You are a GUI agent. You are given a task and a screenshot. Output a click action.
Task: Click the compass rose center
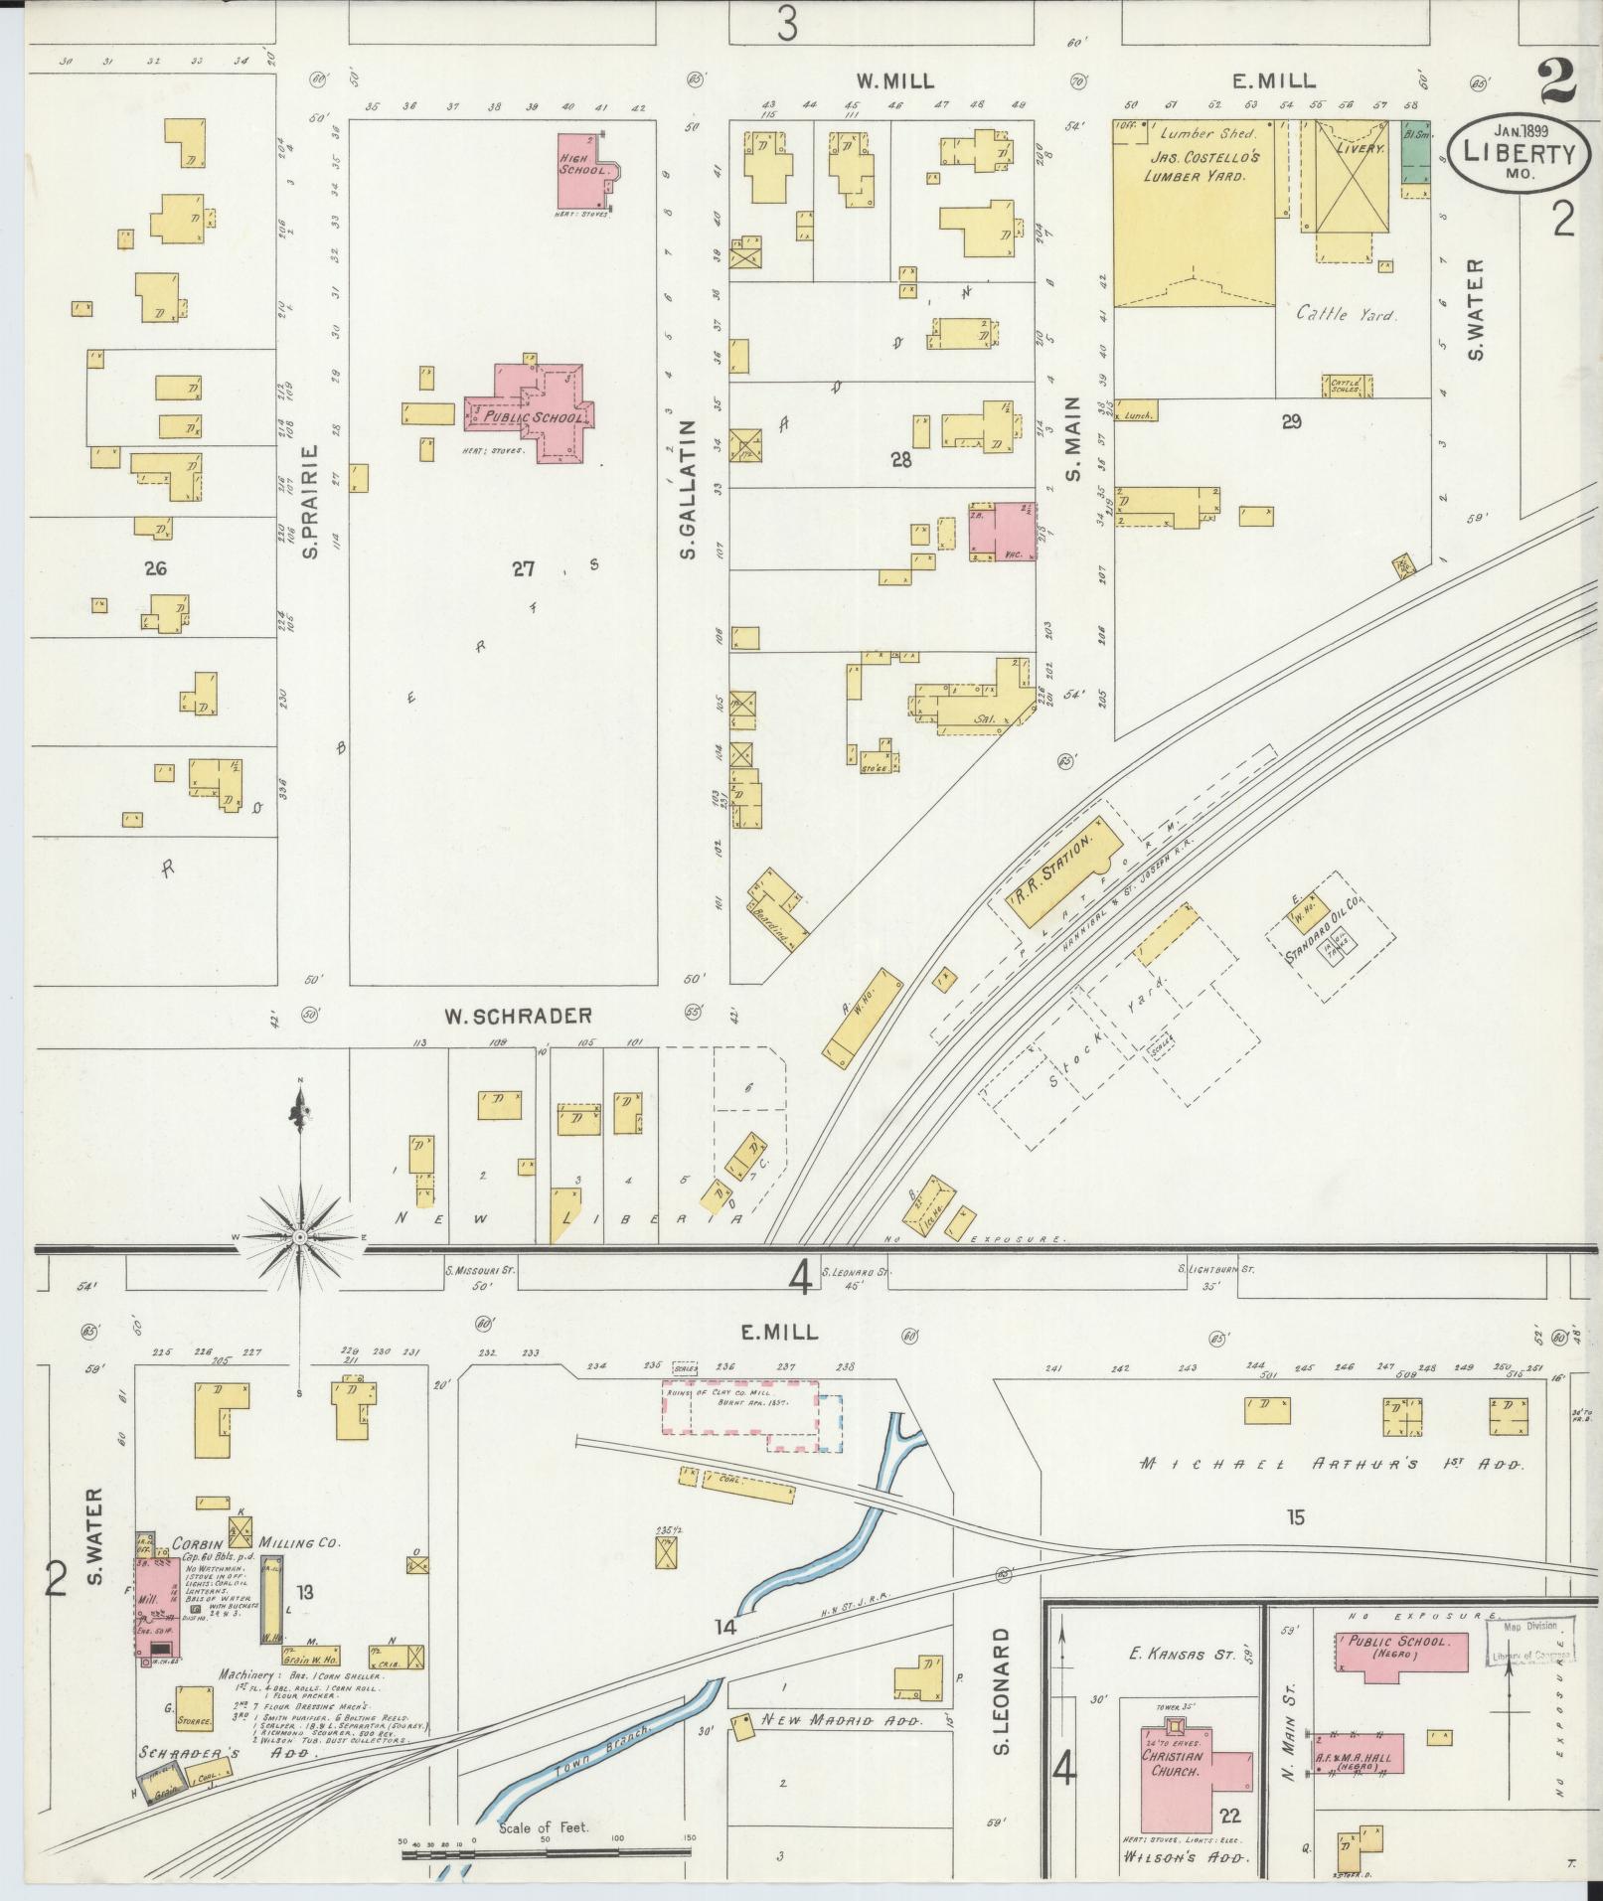click(x=300, y=1237)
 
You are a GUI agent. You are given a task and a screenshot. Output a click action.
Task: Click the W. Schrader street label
click(x=518, y=1016)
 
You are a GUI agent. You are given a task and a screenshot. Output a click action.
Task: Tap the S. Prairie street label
click(x=311, y=501)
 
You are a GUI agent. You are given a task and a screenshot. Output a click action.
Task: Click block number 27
click(x=524, y=568)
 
